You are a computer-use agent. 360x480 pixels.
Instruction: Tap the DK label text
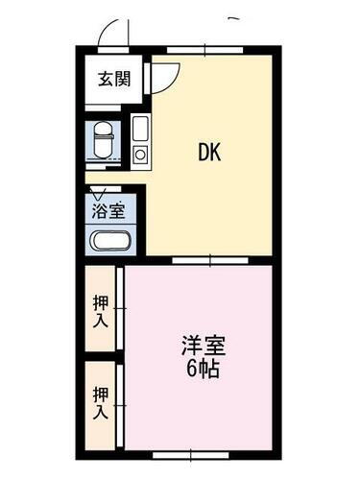[210, 152]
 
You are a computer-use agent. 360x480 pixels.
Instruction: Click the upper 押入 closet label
[101, 310]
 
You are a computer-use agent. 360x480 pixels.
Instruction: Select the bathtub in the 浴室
[113, 241]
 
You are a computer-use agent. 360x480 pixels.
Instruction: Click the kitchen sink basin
[140, 128]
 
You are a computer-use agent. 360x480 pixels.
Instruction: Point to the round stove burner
[140, 154]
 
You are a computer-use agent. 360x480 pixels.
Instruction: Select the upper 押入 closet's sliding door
[120, 309]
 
